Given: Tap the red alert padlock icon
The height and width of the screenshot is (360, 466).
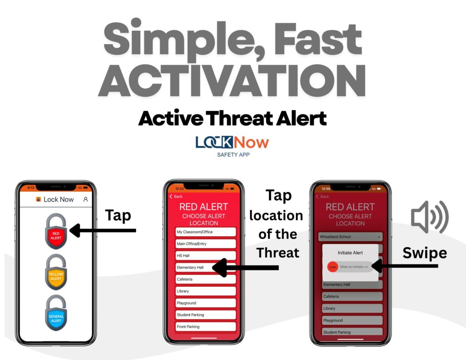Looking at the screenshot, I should click(x=56, y=233).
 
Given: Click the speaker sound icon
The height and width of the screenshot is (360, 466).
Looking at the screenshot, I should click(x=430, y=217).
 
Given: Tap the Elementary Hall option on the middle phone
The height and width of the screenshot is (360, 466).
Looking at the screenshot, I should click(x=206, y=268).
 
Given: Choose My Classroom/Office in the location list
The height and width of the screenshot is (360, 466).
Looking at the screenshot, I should click(x=206, y=232).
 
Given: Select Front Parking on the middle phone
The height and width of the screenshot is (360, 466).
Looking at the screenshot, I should click(x=206, y=327).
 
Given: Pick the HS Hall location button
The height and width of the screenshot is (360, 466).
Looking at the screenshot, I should click(x=206, y=256).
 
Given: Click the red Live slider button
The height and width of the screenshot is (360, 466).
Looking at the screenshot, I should click(x=332, y=267).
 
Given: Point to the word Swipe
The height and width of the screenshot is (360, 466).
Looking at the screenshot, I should click(x=424, y=253).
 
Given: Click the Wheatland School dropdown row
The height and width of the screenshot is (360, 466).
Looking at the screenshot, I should click(x=350, y=237).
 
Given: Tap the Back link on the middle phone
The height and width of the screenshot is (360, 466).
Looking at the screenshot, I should click(x=176, y=197).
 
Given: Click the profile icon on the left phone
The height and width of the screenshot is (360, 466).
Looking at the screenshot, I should click(x=86, y=199).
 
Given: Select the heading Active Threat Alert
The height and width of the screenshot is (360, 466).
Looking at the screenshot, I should click(x=232, y=118).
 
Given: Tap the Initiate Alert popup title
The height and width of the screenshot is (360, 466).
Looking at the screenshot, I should click(x=350, y=253).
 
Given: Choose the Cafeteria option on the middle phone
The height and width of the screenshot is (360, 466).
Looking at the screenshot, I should click(x=206, y=279).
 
